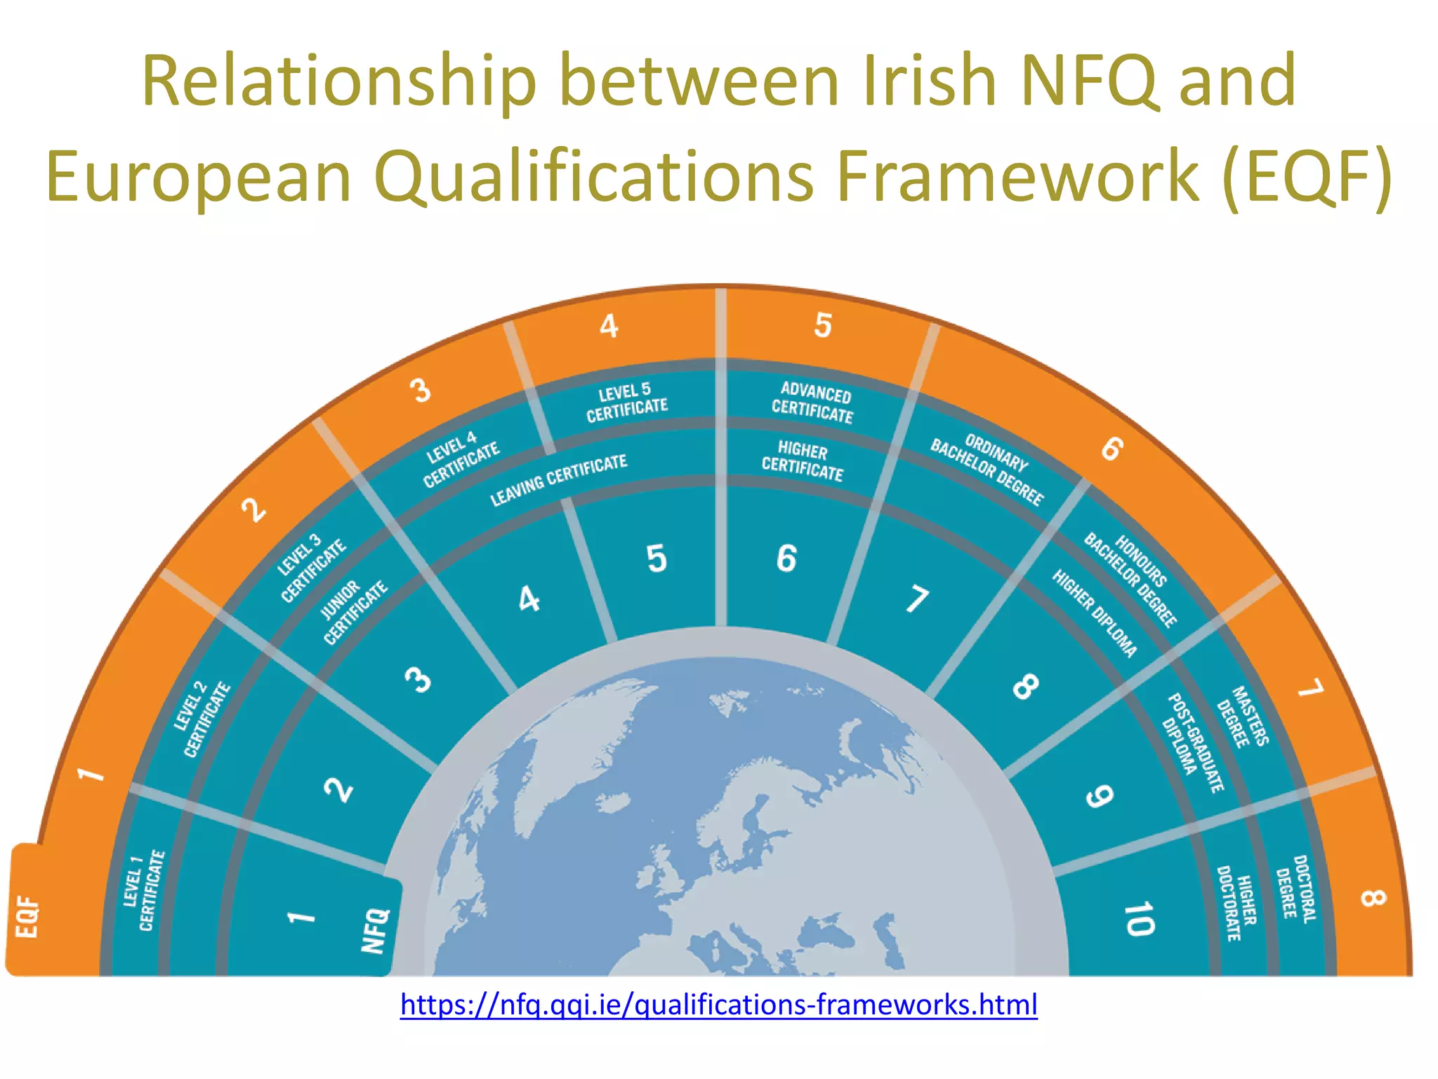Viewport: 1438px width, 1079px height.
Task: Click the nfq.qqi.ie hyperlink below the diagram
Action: pyautogui.click(x=718, y=1005)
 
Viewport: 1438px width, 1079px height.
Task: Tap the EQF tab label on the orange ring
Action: pyautogui.click(x=27, y=916)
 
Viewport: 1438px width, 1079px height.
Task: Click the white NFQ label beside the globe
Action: pyautogui.click(x=375, y=931)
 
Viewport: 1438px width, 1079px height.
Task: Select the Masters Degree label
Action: pyautogui.click(x=1243, y=717)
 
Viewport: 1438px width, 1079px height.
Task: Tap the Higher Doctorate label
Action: pyautogui.click(x=1237, y=903)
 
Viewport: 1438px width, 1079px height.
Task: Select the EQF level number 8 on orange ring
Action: pyautogui.click(x=1373, y=898)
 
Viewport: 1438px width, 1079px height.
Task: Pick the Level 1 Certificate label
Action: pyautogui.click(x=144, y=891)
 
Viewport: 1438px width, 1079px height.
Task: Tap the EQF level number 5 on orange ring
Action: pyautogui.click(x=822, y=326)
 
